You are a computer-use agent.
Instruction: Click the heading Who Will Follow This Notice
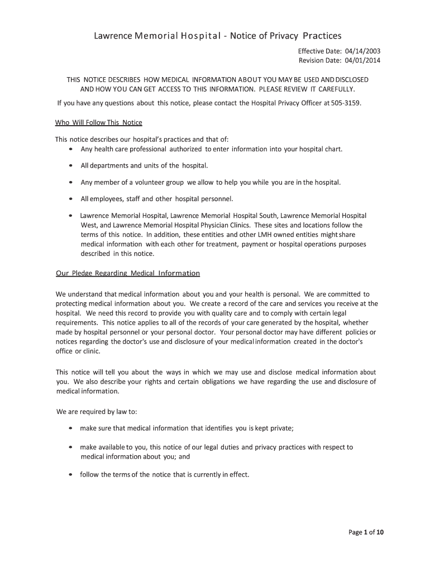tap(99, 123)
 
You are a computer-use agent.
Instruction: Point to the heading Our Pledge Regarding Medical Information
tap(128, 273)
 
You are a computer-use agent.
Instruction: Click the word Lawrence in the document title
tap(113, 36)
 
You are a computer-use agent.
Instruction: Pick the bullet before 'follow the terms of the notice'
tap(70, 475)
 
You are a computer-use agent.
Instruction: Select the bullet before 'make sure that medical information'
tap(70, 428)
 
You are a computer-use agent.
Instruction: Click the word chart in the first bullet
tap(333, 149)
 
